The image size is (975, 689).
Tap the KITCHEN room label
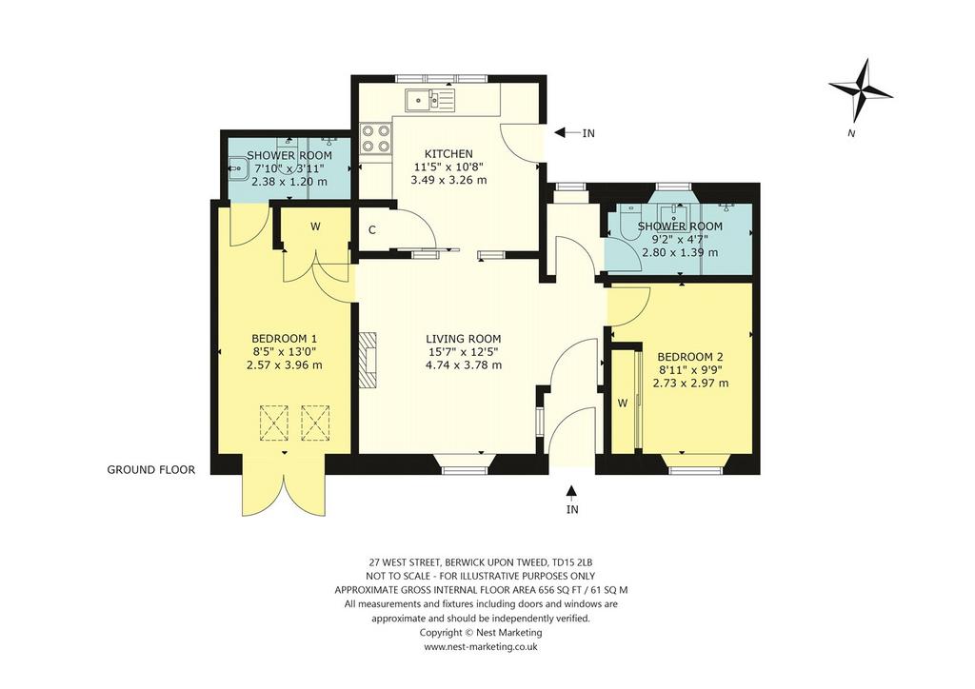448,153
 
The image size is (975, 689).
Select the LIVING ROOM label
464,339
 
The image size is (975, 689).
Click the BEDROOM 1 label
284,339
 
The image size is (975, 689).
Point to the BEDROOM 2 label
690,357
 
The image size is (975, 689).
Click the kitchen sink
430,99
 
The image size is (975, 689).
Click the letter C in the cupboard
372,230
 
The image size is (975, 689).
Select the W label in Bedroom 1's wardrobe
315,226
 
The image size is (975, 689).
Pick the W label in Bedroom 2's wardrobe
623,404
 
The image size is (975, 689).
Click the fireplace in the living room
368,360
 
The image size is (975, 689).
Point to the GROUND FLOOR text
151,470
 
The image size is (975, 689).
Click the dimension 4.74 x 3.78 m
464,364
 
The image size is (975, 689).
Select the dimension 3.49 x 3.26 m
448,180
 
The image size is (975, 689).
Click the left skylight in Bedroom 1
274,423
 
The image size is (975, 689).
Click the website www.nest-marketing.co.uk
481,647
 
